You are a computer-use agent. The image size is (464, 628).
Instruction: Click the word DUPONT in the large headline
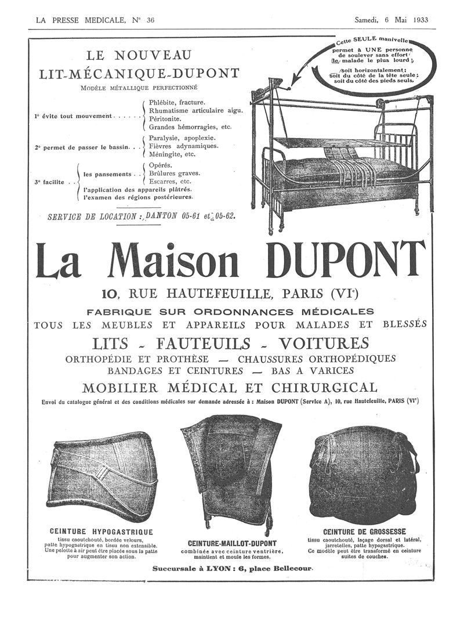tap(345, 259)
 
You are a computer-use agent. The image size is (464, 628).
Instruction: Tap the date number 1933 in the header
tap(417, 19)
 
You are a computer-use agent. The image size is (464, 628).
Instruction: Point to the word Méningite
tap(168, 154)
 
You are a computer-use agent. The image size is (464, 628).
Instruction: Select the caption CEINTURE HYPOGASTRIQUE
tap(101, 531)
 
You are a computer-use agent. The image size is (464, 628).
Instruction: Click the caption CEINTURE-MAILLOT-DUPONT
tap(231, 543)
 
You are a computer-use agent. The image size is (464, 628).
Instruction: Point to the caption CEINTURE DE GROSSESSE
tap(364, 531)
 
